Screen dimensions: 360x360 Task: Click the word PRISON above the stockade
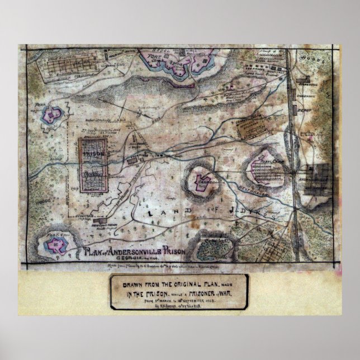point(91,151)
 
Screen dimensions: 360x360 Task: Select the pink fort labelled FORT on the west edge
point(53,115)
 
